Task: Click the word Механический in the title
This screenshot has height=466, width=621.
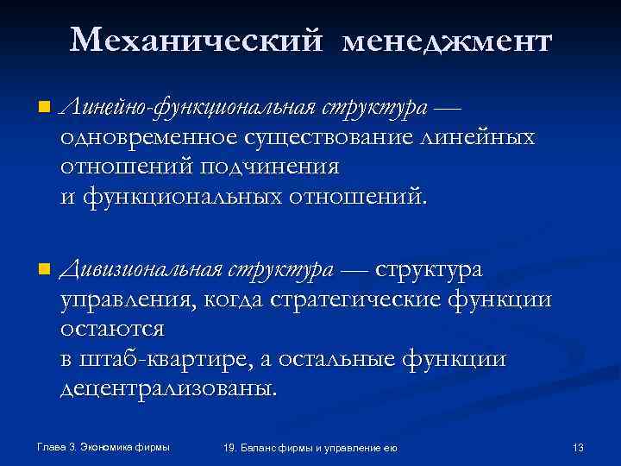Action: [198, 41]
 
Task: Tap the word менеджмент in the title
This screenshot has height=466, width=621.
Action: [445, 41]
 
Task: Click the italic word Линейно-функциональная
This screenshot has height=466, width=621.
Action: [187, 109]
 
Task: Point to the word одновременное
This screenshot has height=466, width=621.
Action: [146, 137]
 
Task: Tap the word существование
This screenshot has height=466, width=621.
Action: [333, 137]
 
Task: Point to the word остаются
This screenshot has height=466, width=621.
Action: [111, 330]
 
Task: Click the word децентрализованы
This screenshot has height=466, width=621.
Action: [169, 388]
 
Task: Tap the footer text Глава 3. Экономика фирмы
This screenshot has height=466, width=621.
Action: [103, 446]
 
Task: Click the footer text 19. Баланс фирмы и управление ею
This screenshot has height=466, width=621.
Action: [310, 447]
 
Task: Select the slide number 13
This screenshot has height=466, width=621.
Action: [578, 447]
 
